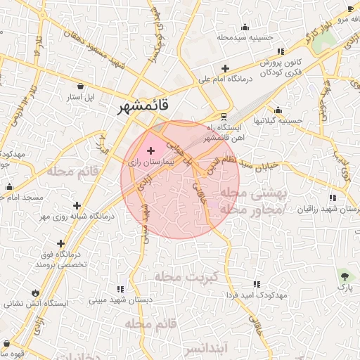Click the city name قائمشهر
(144, 107)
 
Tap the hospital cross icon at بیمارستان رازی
(150, 150)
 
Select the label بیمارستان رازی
(148, 162)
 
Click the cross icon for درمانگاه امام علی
(225, 69)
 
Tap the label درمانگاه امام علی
(225, 80)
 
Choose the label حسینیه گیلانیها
(278, 120)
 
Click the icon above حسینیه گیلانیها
(278, 110)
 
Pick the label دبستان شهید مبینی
(117, 300)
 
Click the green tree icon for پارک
(345, 275)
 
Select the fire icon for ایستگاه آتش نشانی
(36, 293)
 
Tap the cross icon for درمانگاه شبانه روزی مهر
(77, 205)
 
